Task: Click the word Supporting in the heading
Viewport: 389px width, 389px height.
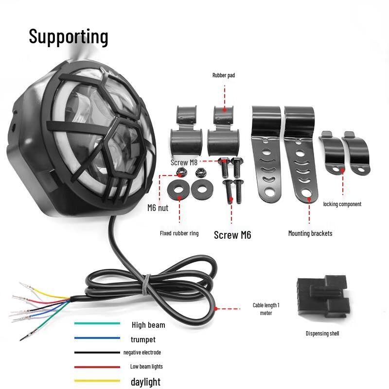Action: coord(68,36)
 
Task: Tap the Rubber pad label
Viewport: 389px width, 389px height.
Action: coord(224,75)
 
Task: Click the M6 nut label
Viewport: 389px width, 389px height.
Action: coord(158,208)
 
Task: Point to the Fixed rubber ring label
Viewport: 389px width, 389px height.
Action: coord(179,233)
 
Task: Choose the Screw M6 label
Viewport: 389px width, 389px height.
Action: coord(232,235)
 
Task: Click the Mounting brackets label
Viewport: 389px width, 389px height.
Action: coord(310,233)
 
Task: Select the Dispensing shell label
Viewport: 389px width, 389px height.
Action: coord(322,334)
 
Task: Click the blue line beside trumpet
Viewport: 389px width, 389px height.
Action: coord(97,338)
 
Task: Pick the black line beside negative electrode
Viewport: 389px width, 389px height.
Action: coord(97,353)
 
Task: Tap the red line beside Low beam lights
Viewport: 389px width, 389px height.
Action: coord(97,367)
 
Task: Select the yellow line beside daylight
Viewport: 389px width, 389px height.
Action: coord(97,381)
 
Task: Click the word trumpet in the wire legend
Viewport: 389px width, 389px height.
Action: coord(143,339)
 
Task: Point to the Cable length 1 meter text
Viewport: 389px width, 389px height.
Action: coord(266,309)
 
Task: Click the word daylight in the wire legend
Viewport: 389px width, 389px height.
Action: coord(145,382)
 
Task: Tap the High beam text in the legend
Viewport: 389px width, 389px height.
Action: coord(148,325)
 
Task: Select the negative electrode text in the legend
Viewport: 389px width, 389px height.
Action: coord(142,353)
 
